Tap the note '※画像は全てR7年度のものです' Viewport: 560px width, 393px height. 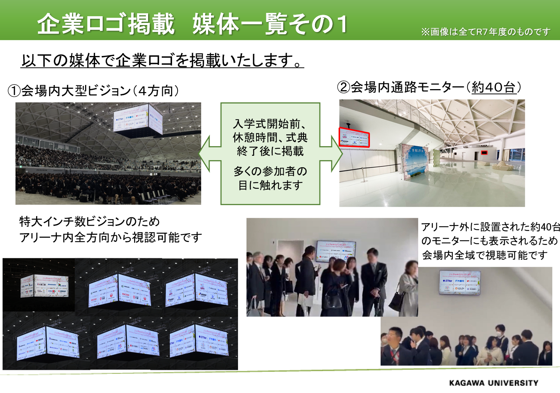tap(486, 32)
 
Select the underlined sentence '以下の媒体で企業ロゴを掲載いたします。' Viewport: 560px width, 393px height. tap(162, 60)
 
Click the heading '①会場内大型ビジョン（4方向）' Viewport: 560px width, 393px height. tap(93, 91)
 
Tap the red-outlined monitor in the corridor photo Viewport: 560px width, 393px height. tap(354, 137)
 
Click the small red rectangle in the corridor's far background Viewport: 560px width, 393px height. tap(484, 152)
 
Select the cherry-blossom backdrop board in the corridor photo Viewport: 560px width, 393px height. tap(416, 161)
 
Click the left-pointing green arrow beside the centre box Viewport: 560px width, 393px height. tap(209, 154)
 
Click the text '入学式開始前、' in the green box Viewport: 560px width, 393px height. tap(270, 124)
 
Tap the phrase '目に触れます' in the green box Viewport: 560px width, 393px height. tap(270, 185)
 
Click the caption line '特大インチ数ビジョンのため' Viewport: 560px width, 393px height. tap(90, 221)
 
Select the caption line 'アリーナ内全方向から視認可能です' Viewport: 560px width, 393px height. tap(111, 238)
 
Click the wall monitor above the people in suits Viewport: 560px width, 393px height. tap(336, 251)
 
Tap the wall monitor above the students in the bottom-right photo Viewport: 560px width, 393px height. tap(460, 282)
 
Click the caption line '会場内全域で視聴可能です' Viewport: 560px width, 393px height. tap(484, 255)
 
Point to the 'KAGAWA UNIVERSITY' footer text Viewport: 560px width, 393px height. tap(494, 383)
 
